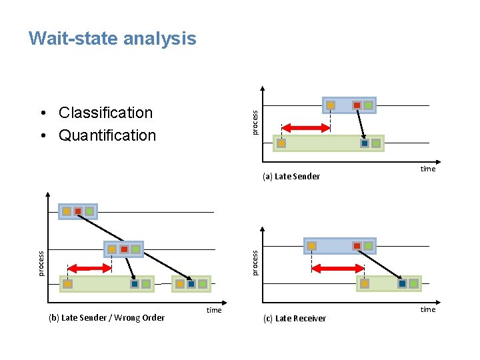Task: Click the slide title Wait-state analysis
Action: coord(112,39)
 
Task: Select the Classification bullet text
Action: coord(105,113)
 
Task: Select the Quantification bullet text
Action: coord(107,135)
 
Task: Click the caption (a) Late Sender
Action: coord(291,177)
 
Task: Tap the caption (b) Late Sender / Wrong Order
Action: coord(107,318)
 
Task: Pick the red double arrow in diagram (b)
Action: coord(90,268)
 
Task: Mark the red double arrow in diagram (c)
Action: coord(338,269)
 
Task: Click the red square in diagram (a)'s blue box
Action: coord(357,105)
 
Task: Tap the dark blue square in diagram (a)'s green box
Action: coord(364,143)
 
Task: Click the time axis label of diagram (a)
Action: coord(427,169)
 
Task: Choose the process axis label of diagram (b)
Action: coord(41,263)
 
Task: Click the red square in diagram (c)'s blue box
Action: coord(357,246)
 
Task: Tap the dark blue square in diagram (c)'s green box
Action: coord(401,284)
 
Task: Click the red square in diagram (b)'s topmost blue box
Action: coord(78,211)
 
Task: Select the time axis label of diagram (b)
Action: coord(213,311)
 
